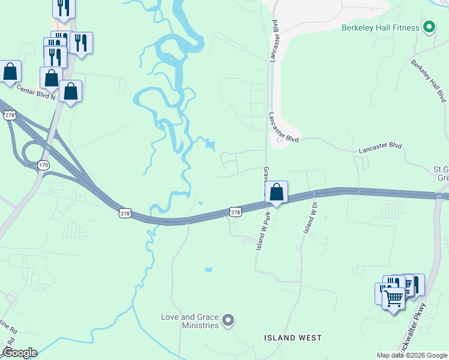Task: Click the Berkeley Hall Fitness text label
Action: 379,27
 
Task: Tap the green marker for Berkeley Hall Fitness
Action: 429,27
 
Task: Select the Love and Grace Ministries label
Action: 190,321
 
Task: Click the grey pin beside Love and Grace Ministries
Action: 228,321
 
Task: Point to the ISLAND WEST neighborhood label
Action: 293,338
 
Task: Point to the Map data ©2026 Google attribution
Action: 411,355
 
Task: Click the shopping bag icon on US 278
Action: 276,192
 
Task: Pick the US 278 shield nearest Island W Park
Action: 235,212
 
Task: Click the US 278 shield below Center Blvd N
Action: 9,115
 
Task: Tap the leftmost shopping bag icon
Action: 10,71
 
